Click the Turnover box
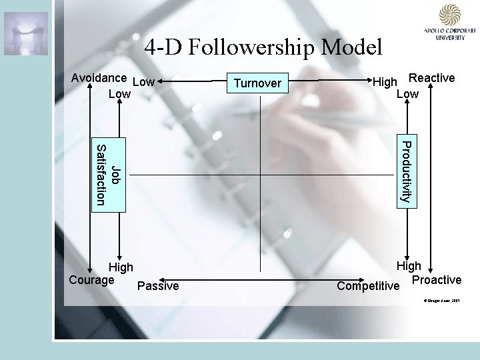click(x=257, y=83)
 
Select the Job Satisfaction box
click(x=107, y=175)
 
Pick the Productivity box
click(x=405, y=171)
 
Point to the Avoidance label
click(x=99, y=77)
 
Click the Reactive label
click(x=431, y=78)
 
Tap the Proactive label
click(x=437, y=279)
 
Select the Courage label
click(x=91, y=279)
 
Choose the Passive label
click(x=158, y=286)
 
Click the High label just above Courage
click(x=121, y=267)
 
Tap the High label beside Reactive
click(x=385, y=82)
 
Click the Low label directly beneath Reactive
click(x=407, y=94)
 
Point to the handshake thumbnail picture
click(x=26, y=33)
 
